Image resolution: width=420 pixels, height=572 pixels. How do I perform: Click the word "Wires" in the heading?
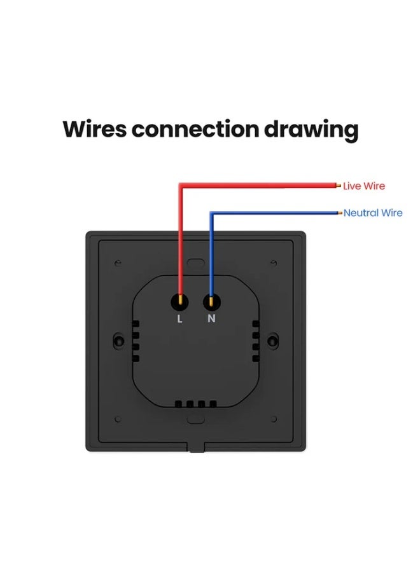click(x=94, y=129)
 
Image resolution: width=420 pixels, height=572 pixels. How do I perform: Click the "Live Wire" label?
click(x=364, y=186)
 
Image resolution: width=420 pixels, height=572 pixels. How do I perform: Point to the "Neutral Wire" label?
click(x=373, y=213)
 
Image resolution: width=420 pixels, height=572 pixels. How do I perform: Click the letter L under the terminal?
click(x=180, y=319)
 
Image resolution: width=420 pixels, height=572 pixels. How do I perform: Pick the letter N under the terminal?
click(x=211, y=319)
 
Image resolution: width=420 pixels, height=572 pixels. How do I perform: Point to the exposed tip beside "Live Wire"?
click(x=337, y=186)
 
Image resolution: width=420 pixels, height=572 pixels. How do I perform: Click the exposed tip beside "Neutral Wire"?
click(x=340, y=213)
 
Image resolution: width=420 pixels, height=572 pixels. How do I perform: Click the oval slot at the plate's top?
click(x=195, y=262)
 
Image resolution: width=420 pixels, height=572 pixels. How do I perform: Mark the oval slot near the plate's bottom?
click(x=195, y=420)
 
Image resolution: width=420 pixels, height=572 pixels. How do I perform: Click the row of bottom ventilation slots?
click(x=195, y=404)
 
